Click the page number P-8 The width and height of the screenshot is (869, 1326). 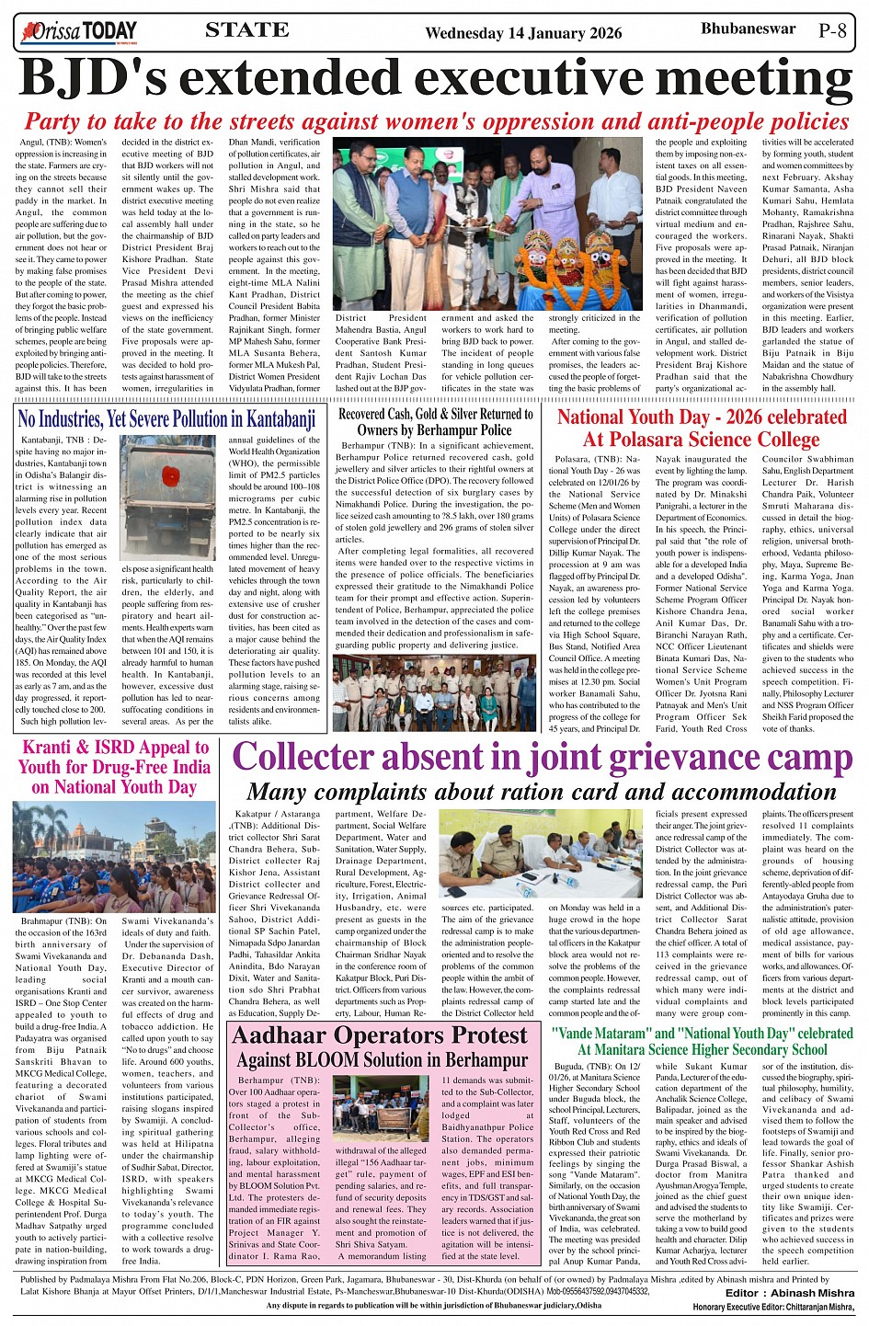point(832,30)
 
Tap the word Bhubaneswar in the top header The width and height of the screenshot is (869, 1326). point(749,29)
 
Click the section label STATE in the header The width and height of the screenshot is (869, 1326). point(247,29)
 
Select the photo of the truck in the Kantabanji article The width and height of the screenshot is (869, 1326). point(168,497)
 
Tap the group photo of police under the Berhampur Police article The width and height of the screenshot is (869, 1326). point(436,692)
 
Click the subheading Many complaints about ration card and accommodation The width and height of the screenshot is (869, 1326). point(542,792)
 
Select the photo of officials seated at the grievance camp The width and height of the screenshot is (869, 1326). point(542,854)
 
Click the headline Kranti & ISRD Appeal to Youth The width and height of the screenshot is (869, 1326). point(115,766)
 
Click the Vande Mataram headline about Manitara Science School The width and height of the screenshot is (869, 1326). point(703,1041)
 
